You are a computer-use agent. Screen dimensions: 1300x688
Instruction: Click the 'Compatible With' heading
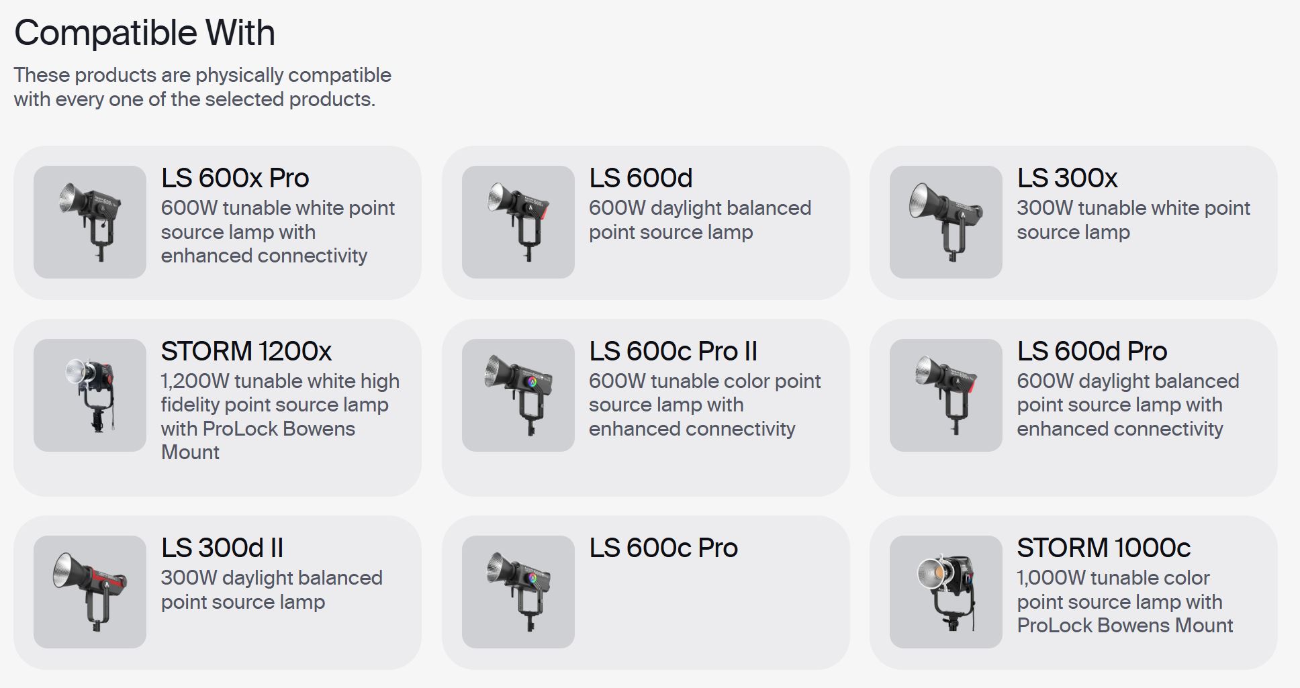coord(144,33)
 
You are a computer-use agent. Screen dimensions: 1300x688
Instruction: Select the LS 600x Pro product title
coord(235,178)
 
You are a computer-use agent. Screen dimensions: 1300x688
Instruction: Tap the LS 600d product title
coord(641,178)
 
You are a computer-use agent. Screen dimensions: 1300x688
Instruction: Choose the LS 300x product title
coord(1067,178)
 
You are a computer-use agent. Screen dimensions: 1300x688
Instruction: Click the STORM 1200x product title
coord(246,351)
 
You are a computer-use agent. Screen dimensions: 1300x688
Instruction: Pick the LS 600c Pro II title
coord(673,351)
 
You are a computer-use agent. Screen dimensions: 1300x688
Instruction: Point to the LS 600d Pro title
coord(1092,351)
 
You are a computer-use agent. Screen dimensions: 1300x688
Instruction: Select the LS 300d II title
coord(222,548)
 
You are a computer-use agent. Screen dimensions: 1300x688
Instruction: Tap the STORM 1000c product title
coord(1104,548)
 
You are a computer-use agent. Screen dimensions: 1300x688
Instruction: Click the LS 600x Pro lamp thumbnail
coord(90,222)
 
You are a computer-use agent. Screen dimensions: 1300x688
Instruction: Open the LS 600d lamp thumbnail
coord(518,222)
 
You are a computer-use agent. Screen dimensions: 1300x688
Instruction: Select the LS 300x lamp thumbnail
coord(946,222)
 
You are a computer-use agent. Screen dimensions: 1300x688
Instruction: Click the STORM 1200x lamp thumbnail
coord(90,395)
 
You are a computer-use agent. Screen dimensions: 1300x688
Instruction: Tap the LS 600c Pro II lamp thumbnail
coord(518,395)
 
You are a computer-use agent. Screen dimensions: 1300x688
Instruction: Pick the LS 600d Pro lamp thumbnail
coord(946,395)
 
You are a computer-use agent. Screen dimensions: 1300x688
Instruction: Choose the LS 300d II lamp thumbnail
coord(90,592)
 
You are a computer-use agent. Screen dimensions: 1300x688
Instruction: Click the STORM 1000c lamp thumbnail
coord(946,592)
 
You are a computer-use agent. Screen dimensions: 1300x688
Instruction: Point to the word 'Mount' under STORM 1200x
coord(190,452)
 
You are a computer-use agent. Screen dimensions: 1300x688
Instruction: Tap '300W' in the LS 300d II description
coord(189,578)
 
